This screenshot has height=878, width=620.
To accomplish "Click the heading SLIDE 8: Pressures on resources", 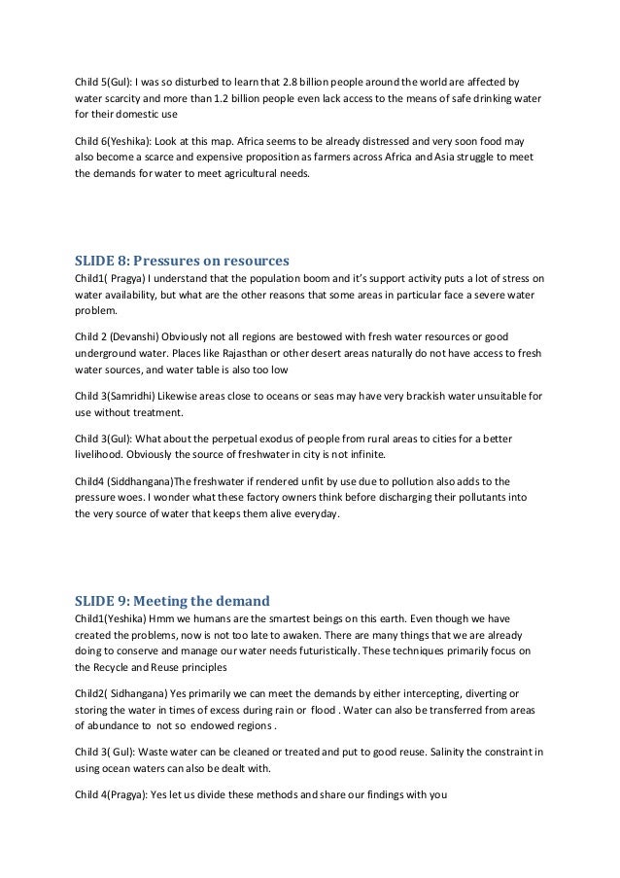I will pos(183,262).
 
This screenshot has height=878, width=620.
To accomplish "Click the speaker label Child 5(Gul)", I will pos(102,80).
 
